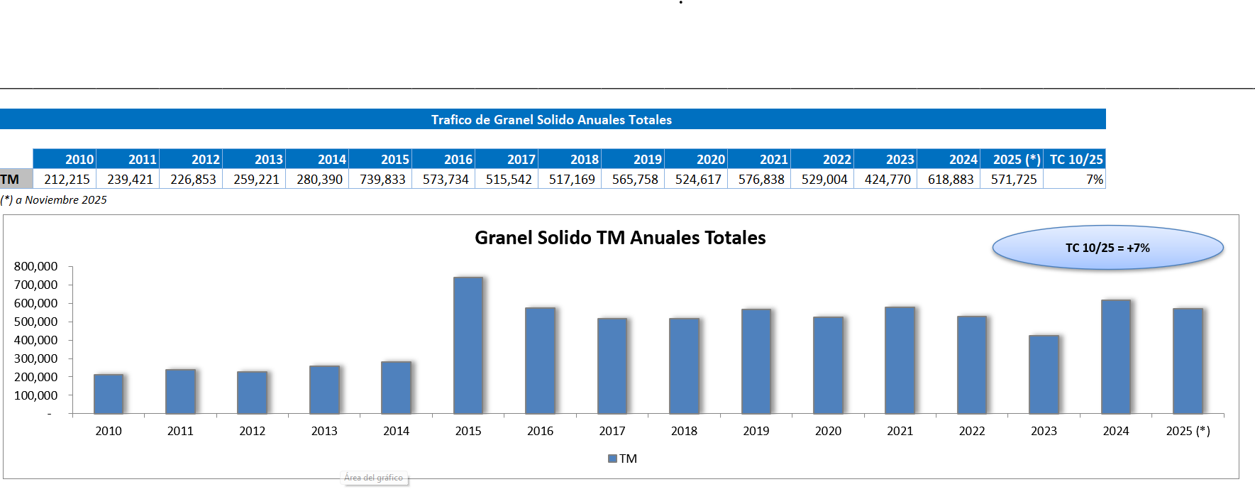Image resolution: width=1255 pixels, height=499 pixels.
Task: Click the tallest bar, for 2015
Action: (x=468, y=346)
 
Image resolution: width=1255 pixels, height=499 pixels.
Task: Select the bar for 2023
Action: (x=1044, y=375)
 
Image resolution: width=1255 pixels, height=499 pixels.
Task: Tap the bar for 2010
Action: (x=109, y=394)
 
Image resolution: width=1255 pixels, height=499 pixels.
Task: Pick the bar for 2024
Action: (x=1116, y=357)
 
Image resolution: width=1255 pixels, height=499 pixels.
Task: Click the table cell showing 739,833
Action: (x=382, y=180)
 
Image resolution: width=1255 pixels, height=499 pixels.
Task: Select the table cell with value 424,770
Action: (x=887, y=180)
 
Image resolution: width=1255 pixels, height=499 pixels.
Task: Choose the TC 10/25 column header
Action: (x=1076, y=159)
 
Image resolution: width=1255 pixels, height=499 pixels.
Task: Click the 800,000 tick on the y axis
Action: (x=36, y=266)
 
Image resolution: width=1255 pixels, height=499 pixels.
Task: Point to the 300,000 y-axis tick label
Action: (x=36, y=358)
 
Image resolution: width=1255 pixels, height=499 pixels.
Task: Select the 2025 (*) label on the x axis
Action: (x=1188, y=431)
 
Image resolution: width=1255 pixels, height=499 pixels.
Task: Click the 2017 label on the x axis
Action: (x=612, y=431)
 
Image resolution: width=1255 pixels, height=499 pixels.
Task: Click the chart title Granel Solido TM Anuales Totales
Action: (x=620, y=238)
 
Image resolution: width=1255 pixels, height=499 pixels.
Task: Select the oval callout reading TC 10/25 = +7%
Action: (x=1107, y=248)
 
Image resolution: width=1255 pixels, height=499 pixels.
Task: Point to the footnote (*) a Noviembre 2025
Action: (x=54, y=200)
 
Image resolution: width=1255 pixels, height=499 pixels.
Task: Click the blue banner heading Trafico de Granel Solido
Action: (x=551, y=119)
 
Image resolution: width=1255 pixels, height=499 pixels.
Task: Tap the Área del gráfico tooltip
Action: (x=374, y=478)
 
